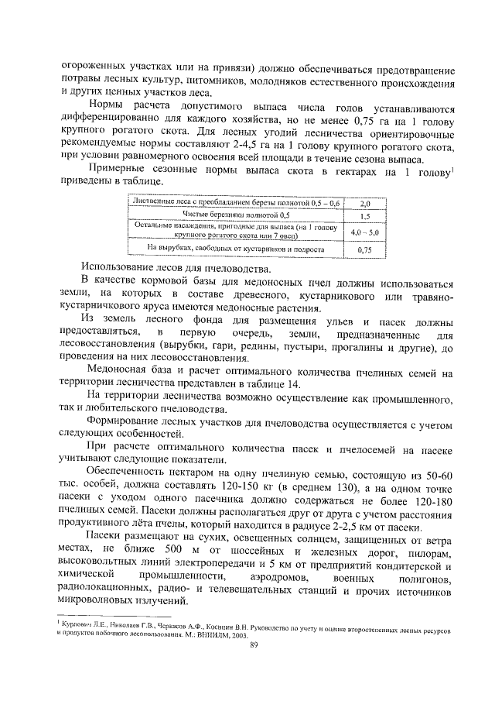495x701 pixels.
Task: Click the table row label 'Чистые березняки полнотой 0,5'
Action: tap(236, 215)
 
